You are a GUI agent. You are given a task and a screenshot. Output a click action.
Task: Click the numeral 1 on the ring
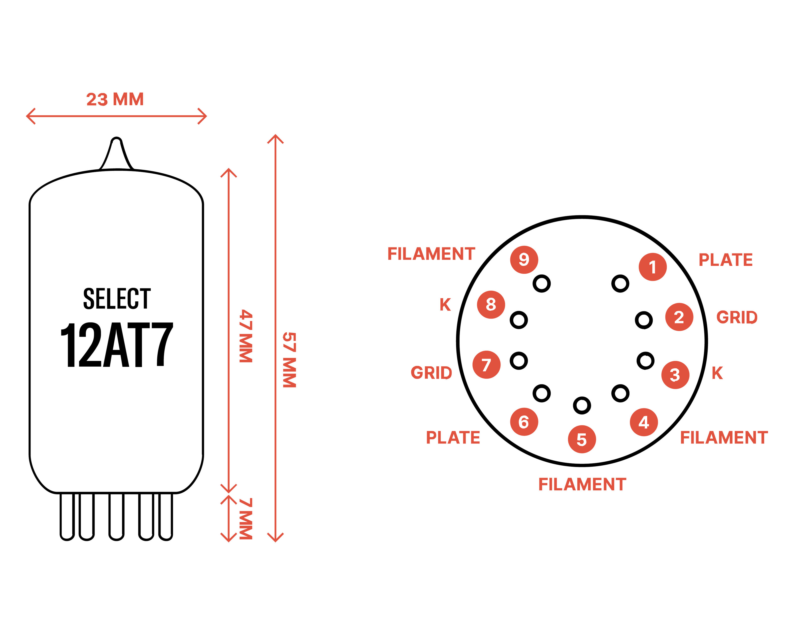(653, 267)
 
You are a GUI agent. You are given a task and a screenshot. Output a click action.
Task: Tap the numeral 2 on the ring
(679, 317)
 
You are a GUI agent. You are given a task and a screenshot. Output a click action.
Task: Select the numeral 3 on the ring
(675, 375)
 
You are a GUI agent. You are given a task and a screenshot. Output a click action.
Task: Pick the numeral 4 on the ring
(643, 422)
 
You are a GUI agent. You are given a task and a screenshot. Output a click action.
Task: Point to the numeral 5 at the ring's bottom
(582, 440)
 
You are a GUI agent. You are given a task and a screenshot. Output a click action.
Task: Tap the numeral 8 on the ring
(491, 304)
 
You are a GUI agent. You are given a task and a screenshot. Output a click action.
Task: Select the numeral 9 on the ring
(524, 259)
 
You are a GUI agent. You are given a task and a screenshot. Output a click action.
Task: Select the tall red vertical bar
(276, 331)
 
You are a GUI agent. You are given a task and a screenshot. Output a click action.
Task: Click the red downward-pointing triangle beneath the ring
(581, 515)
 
